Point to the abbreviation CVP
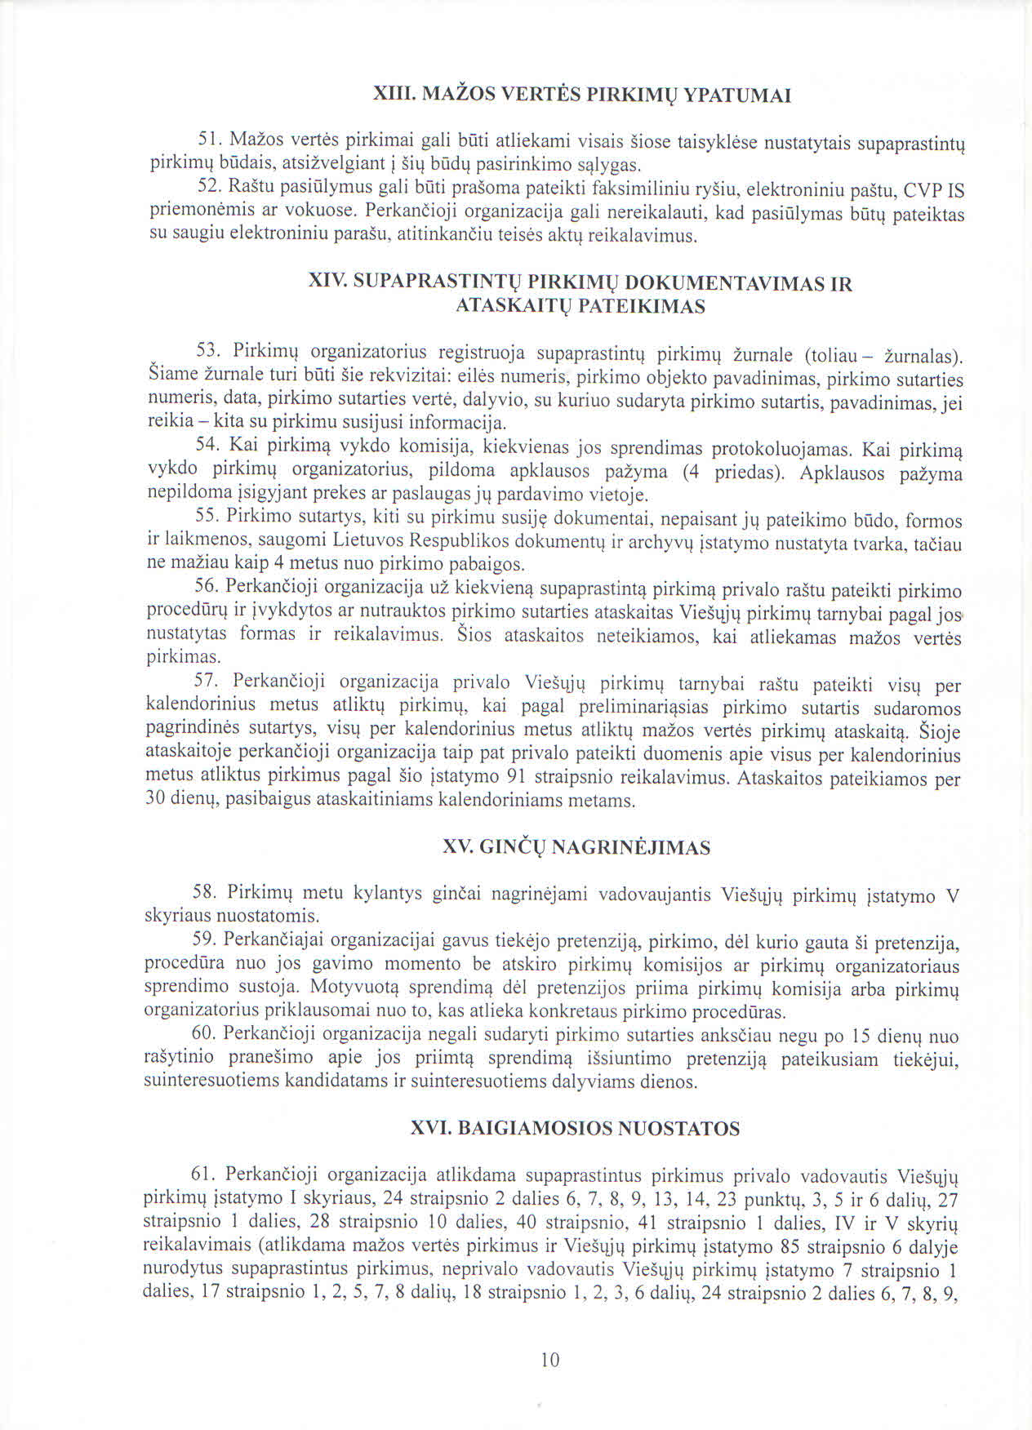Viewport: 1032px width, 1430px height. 920,192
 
